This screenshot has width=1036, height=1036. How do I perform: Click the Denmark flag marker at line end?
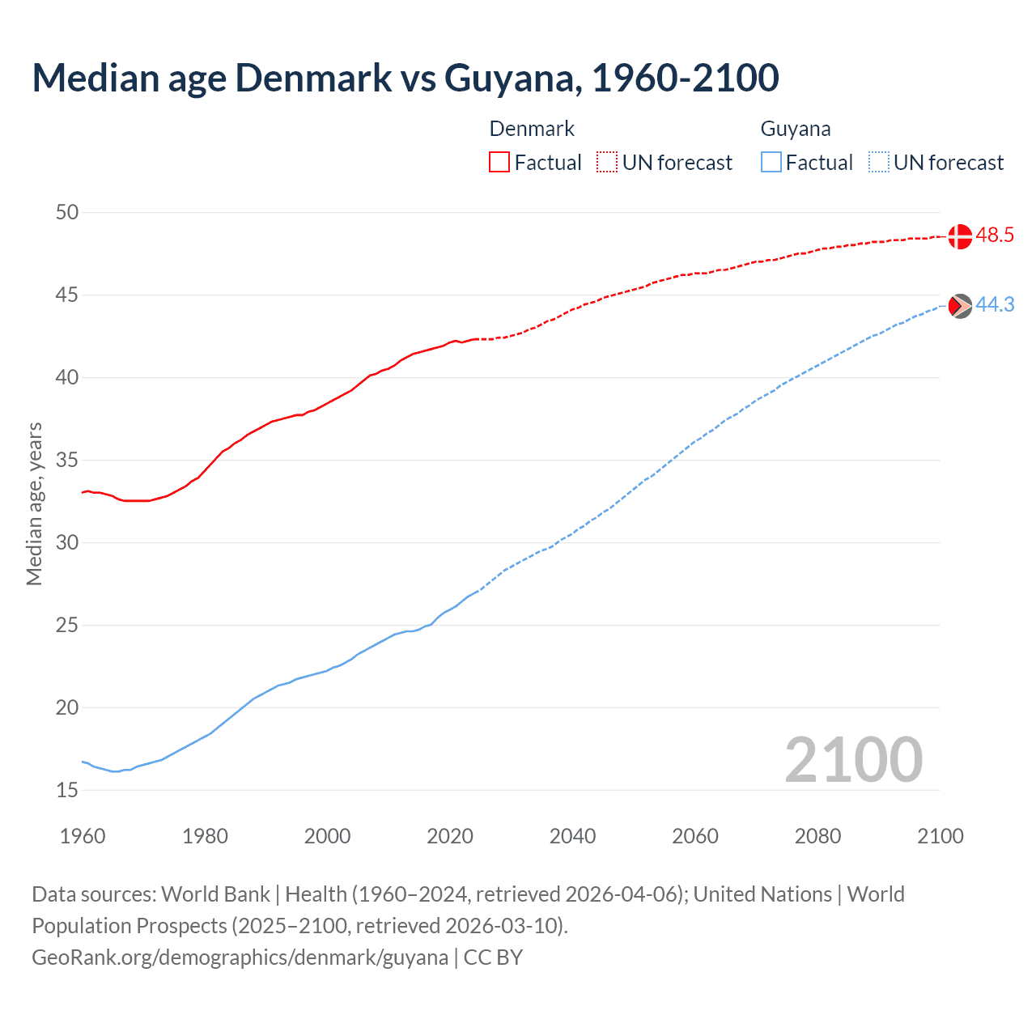pos(959,236)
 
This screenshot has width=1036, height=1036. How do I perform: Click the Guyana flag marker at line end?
pos(959,306)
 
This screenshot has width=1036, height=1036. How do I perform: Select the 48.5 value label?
pos(995,236)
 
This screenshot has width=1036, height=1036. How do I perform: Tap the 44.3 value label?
pos(995,305)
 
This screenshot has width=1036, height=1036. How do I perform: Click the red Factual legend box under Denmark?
pos(499,163)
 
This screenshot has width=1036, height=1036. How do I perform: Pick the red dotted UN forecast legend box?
pos(607,163)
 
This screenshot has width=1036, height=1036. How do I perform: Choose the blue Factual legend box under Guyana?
pos(771,163)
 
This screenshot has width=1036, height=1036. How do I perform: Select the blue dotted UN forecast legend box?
pos(878,163)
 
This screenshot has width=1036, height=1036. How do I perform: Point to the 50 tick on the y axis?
pos(67,213)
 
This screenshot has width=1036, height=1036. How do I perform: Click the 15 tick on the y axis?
pos(67,791)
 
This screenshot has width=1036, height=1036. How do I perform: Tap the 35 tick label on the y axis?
pos(67,461)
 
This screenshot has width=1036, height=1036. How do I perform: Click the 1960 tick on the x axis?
pos(83,836)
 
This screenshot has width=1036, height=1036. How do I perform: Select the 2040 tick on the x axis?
pos(572,836)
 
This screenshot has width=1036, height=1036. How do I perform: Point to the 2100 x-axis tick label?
pos(940,836)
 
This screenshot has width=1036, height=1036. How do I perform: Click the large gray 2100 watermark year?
pos(853,760)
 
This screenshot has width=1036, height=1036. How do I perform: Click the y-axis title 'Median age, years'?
pos(34,503)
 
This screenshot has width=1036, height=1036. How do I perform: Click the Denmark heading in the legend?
pos(532,129)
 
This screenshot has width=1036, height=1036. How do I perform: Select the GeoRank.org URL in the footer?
pos(240,957)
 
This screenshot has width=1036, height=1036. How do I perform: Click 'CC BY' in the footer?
pos(493,957)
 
